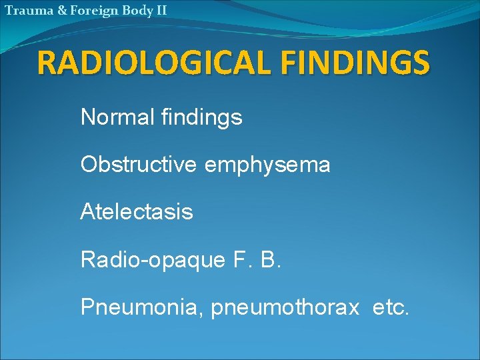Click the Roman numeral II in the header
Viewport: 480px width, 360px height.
(x=160, y=11)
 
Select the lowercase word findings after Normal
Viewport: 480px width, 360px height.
(x=202, y=118)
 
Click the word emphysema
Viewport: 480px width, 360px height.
(x=267, y=165)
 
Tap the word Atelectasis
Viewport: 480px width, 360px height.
(x=137, y=212)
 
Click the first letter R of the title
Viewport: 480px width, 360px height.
(x=49, y=63)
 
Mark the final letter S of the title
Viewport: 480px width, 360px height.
(x=419, y=63)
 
